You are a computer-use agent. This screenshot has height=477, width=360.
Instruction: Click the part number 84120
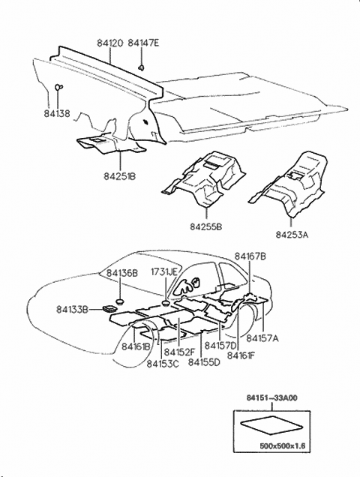click(x=109, y=43)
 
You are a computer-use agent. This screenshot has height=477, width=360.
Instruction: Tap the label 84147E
click(x=144, y=43)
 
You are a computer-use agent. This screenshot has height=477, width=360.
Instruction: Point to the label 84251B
click(x=119, y=176)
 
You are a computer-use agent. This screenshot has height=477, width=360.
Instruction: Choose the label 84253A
click(x=291, y=234)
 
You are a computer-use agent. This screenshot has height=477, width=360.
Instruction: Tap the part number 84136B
click(x=121, y=273)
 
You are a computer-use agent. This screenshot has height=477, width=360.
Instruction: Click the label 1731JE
click(x=164, y=271)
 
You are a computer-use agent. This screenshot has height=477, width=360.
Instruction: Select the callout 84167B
click(x=250, y=256)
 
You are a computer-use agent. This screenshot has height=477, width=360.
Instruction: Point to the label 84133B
click(x=73, y=308)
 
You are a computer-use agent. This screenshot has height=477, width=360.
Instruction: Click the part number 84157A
click(x=262, y=338)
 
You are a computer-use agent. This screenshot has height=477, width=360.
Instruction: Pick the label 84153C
click(x=162, y=363)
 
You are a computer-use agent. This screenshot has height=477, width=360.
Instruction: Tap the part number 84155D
click(x=204, y=362)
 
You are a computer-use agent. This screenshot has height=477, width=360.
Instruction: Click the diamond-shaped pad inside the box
click(x=270, y=425)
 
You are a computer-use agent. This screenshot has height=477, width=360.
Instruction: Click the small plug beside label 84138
click(x=58, y=88)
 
